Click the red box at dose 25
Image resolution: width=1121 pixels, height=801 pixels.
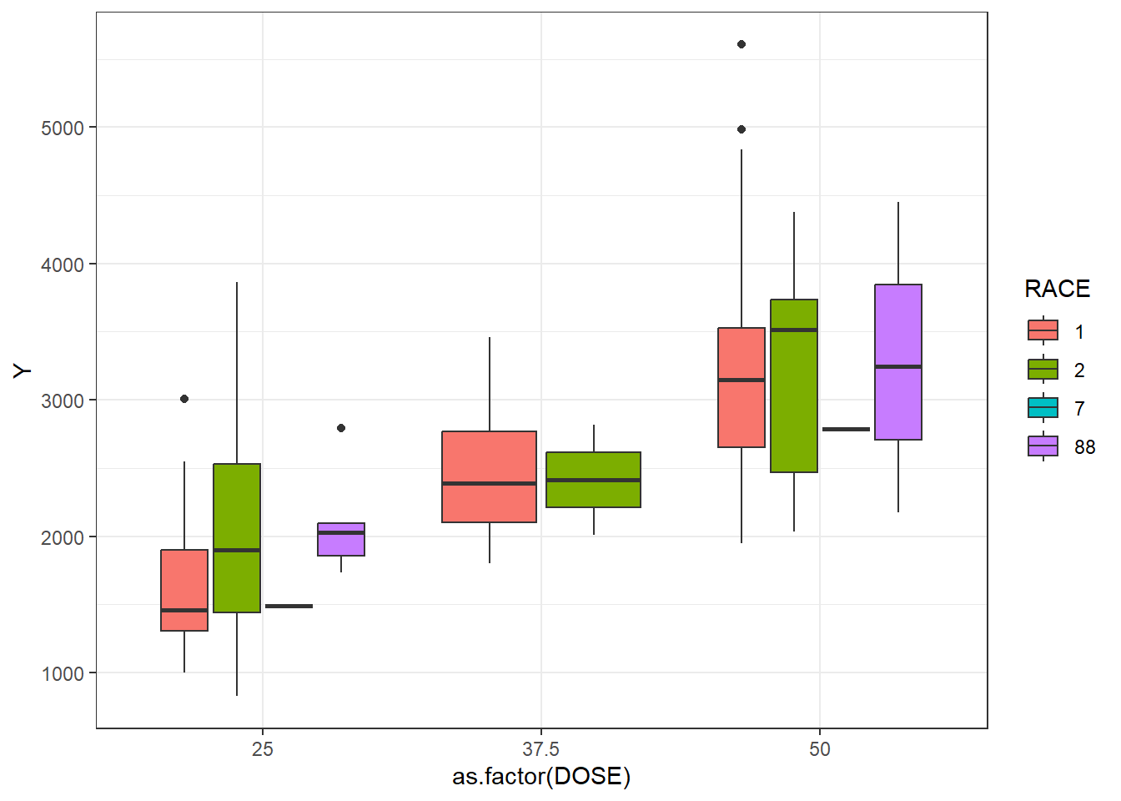(184, 590)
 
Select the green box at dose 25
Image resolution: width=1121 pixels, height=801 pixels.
(237, 538)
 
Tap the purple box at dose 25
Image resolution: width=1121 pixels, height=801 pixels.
(341, 539)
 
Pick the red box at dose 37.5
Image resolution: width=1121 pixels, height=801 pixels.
(489, 476)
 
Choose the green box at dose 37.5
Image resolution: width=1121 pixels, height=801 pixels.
(593, 480)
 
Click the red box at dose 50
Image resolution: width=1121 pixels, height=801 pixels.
(741, 387)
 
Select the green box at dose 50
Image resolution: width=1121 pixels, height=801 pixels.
(794, 385)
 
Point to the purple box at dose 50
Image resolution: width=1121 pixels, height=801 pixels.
(898, 361)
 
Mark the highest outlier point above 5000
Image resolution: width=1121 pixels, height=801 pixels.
(741, 44)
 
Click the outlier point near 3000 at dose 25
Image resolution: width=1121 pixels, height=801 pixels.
(184, 399)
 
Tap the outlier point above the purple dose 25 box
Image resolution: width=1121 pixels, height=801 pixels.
(341, 428)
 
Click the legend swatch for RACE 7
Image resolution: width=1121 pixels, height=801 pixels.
(1043, 408)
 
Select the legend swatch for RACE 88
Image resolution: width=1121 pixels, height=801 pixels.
(1043, 446)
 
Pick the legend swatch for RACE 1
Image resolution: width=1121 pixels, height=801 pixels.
(1043, 331)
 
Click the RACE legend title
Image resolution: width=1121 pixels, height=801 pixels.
(1057, 289)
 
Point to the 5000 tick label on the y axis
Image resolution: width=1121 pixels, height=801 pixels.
(63, 128)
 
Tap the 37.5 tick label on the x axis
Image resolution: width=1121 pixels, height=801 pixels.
(541, 749)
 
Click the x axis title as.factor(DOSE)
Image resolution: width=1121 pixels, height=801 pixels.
(541, 777)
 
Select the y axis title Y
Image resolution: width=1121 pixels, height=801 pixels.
(23, 370)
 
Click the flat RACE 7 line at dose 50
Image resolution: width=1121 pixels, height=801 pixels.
(846, 430)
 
